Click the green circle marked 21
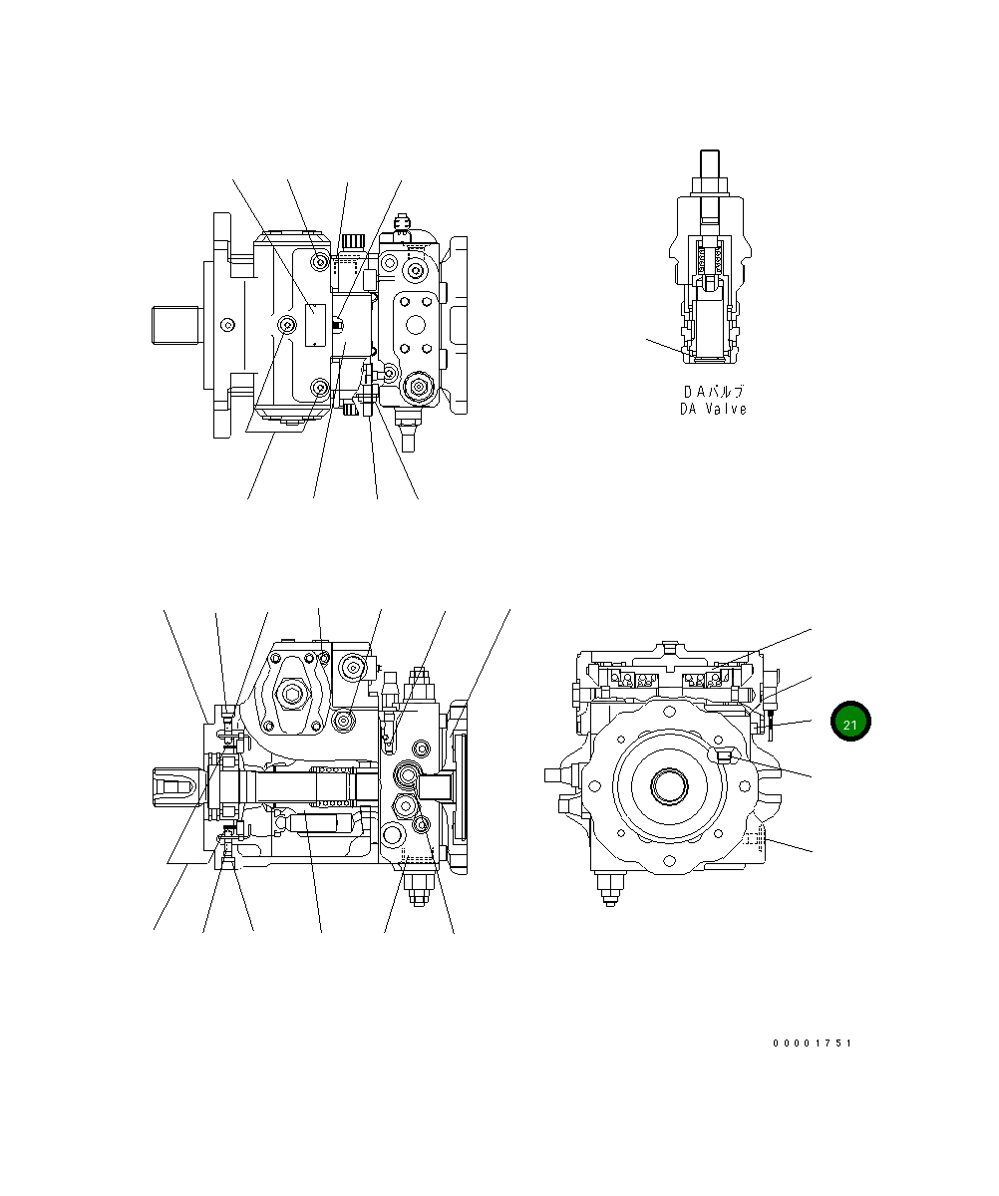click(x=850, y=723)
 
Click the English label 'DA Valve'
click(x=713, y=409)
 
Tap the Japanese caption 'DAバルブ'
click(x=713, y=392)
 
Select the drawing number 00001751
click(x=813, y=1044)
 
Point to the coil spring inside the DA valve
click(x=712, y=261)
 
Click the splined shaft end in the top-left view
click(x=176, y=326)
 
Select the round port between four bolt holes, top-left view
click(x=414, y=324)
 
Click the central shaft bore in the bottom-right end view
click(x=668, y=786)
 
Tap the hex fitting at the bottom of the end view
click(x=608, y=886)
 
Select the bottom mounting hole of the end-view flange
click(x=668, y=855)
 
